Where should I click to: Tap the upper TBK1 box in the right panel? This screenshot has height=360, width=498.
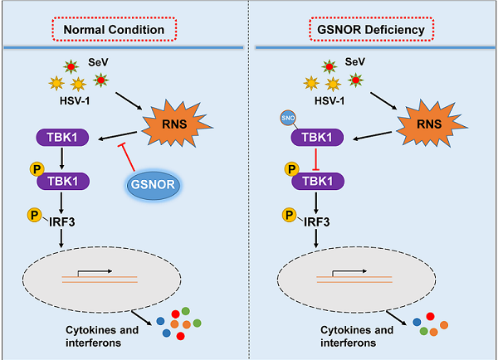tap(315, 138)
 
